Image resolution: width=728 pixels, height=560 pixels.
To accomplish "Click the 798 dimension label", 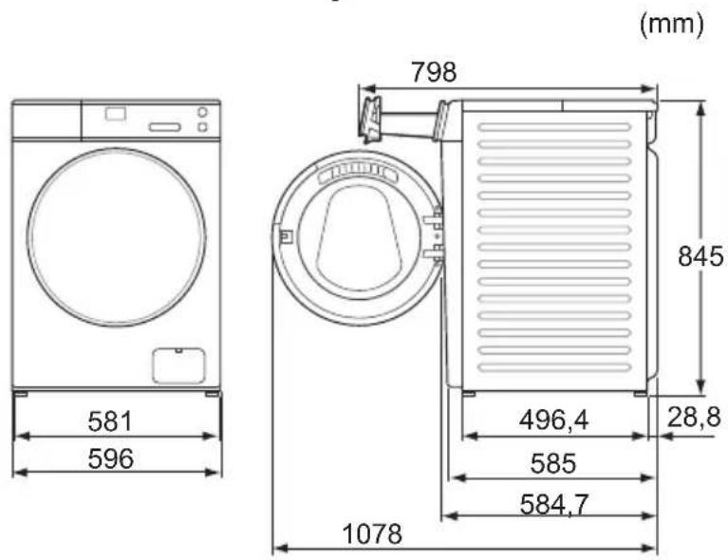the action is click(x=434, y=72).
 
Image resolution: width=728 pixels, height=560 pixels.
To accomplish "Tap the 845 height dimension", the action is click(x=700, y=256).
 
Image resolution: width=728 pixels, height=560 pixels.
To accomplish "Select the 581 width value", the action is click(x=110, y=421).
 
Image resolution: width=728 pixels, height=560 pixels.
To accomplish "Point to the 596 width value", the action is click(x=110, y=458).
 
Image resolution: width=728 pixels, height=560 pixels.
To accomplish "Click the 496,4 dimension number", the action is click(x=553, y=420).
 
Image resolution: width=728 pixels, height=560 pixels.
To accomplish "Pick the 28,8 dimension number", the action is click(x=694, y=417).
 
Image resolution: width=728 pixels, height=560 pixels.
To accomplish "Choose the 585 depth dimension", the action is click(x=553, y=463).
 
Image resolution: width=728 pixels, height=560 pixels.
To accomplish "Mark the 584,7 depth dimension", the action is click(x=554, y=504).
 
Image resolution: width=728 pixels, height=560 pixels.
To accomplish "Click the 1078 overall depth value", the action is click(x=372, y=533).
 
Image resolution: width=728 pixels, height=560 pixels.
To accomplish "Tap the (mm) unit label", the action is click(x=671, y=23).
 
